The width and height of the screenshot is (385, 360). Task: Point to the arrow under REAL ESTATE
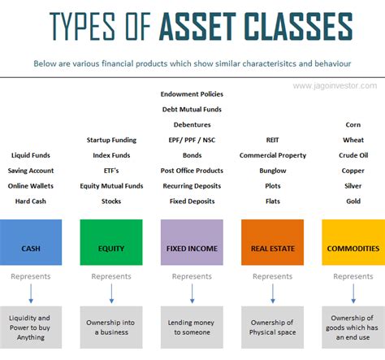pyautogui.click(x=272, y=293)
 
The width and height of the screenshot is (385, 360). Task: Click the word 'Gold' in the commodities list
pyautogui.click(x=353, y=200)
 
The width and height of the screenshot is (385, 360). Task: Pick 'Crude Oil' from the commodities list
pyautogui.click(x=353, y=155)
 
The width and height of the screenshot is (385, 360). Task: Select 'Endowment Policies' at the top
pyautogui.click(x=192, y=94)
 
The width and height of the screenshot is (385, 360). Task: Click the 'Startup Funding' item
pyautogui.click(x=111, y=140)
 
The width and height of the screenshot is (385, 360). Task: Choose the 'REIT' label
pyautogui.click(x=272, y=140)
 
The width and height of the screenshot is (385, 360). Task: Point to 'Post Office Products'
pyautogui.click(x=192, y=170)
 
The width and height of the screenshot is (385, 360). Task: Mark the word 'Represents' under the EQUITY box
pyautogui.click(x=111, y=276)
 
